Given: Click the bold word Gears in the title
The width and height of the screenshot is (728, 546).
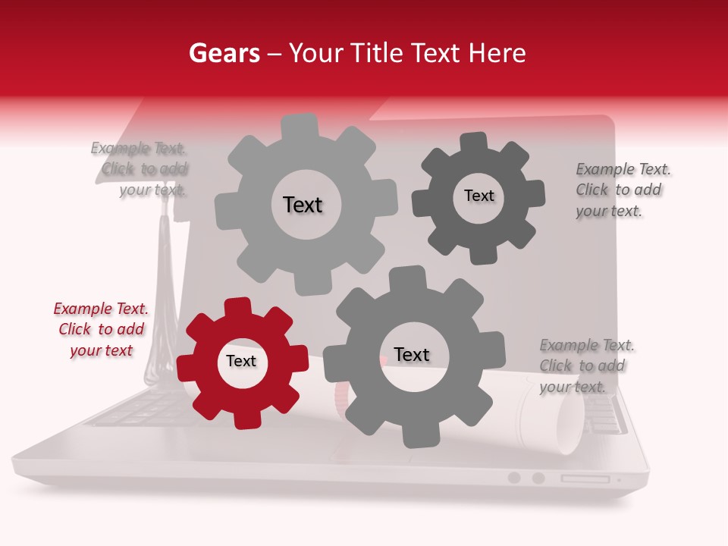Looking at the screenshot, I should tap(223, 53).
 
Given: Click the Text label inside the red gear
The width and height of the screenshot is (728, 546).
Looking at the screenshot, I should tap(241, 362).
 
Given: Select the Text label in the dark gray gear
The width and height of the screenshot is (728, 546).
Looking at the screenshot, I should tap(479, 196).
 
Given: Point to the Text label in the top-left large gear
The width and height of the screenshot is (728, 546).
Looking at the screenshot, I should tap(303, 205).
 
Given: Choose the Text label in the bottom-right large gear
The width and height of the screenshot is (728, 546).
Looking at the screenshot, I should tap(412, 355).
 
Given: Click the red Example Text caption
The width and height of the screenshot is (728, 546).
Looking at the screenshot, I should tap(101, 329).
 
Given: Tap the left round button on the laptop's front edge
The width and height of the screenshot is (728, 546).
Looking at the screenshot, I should tap(514, 478).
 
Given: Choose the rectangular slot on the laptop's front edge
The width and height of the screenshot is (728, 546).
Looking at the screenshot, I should tap(585, 479).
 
